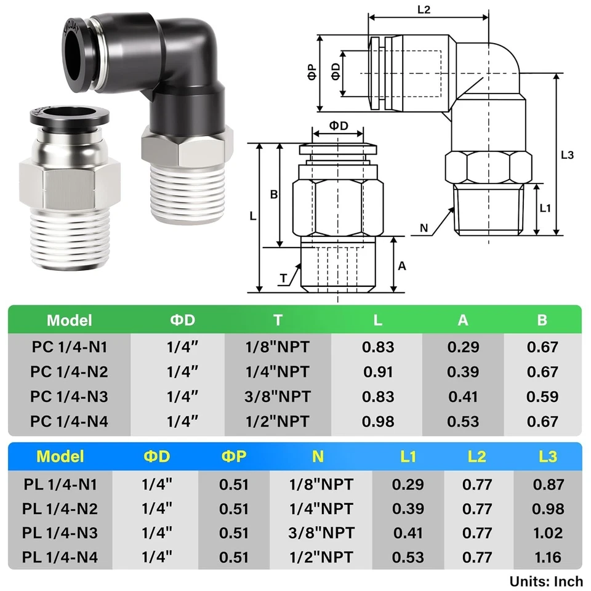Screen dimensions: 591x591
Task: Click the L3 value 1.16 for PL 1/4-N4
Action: click(x=548, y=558)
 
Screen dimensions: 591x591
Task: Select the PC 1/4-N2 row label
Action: click(x=69, y=372)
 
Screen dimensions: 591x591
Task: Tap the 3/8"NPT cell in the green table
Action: click(x=278, y=397)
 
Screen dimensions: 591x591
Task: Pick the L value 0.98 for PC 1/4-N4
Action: click(x=378, y=422)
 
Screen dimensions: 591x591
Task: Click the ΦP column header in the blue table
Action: click(x=234, y=456)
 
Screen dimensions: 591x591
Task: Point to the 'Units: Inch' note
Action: click(x=545, y=581)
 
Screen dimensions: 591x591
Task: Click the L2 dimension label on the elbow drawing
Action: click(x=424, y=10)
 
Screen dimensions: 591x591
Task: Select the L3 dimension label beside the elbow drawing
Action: click(x=567, y=156)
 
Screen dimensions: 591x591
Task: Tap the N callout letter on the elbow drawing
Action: click(x=424, y=228)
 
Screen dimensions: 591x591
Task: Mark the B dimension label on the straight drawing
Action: click(x=275, y=195)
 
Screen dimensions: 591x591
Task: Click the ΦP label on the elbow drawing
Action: click(x=312, y=73)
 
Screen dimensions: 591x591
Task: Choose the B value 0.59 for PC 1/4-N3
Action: click(x=542, y=397)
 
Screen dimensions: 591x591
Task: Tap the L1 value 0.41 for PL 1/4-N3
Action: click(x=408, y=533)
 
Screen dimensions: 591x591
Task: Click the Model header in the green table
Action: click(x=69, y=320)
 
